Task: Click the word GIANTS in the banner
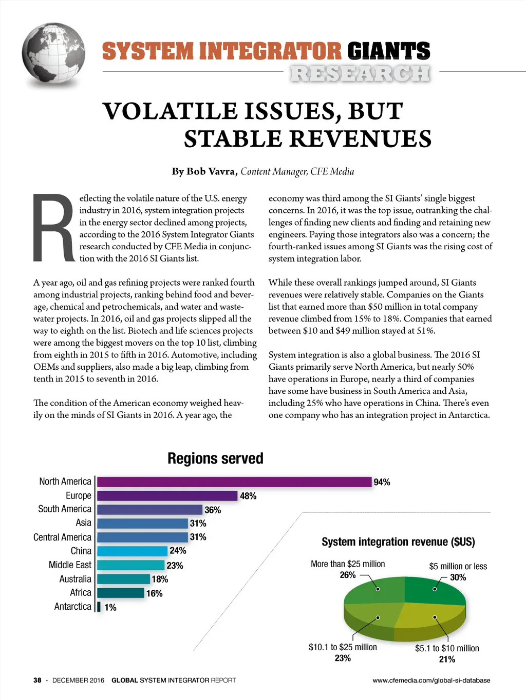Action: click(x=388, y=51)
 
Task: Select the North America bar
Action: click(x=234, y=482)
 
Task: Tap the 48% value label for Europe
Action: click(x=248, y=496)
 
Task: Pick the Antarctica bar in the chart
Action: click(x=99, y=607)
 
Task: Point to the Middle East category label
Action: click(x=70, y=565)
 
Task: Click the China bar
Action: click(x=133, y=551)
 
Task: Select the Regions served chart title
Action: click(x=215, y=458)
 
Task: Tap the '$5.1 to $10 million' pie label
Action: click(x=447, y=648)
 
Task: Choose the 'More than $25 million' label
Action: click(x=348, y=564)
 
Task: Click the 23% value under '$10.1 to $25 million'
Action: click(x=343, y=658)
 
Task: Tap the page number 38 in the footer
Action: click(x=37, y=680)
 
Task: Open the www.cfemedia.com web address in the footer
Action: click(x=431, y=680)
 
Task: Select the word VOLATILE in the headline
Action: click(x=170, y=111)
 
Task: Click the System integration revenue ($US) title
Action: click(x=398, y=542)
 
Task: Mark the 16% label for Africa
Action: click(x=154, y=593)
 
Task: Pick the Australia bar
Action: click(x=123, y=579)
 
